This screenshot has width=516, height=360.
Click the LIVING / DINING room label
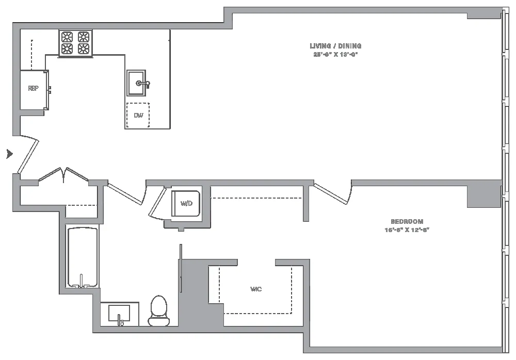335,46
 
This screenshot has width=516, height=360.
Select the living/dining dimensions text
335,54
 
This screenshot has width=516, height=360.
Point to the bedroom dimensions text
407,230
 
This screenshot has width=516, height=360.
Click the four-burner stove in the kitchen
75,43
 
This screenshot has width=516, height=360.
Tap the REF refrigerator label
33,88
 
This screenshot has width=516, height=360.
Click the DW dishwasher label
138,116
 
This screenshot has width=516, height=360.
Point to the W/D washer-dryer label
186,204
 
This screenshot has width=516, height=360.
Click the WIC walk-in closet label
256,289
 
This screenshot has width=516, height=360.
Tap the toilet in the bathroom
159,311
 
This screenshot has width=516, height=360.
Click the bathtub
83,257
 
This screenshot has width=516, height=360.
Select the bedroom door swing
333,193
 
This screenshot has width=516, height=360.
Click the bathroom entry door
125,195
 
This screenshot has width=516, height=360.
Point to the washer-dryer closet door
155,205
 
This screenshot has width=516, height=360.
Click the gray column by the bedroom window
484,194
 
